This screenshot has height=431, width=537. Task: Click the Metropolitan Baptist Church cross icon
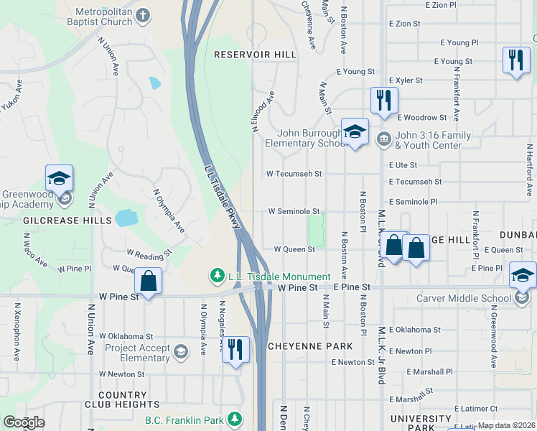click(143, 15)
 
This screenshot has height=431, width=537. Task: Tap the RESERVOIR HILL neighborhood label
click(255, 55)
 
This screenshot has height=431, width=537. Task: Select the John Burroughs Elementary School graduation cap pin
click(355, 132)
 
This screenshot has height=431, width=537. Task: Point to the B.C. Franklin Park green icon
click(234, 419)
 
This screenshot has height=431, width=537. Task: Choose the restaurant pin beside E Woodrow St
click(384, 100)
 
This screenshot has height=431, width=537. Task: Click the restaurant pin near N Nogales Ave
click(235, 351)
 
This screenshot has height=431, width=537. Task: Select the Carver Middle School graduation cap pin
click(522, 276)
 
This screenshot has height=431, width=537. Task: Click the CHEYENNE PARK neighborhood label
click(310, 346)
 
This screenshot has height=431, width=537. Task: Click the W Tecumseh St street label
click(293, 174)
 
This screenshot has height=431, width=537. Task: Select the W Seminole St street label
click(293, 212)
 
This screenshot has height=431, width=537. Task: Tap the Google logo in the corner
click(24, 422)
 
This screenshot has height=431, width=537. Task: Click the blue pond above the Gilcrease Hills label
click(126, 218)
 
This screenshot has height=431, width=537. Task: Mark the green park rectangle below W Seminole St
click(316, 230)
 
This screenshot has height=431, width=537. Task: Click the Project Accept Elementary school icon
click(180, 351)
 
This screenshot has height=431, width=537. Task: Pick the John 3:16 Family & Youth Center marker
click(383, 136)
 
